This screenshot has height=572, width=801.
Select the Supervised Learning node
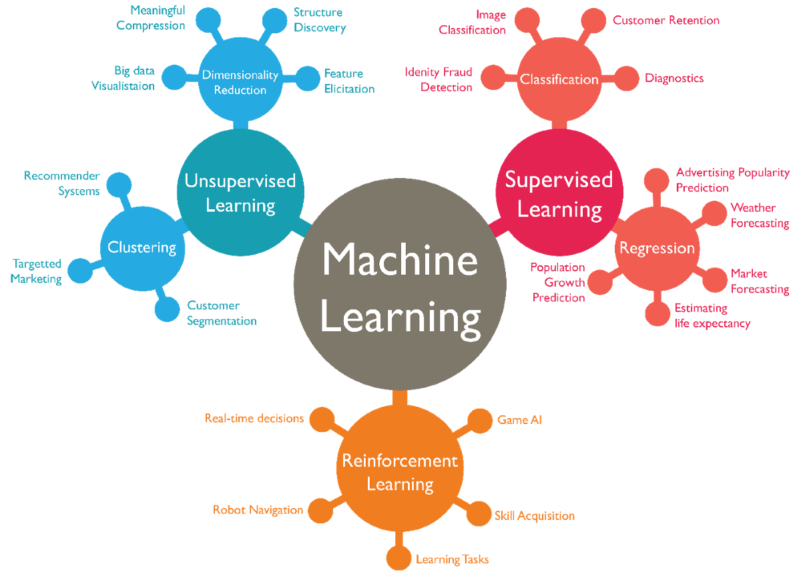[559, 193]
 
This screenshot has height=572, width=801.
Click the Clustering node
[142, 248]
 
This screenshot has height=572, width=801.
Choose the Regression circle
[657, 248]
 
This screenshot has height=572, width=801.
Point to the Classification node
[559, 79]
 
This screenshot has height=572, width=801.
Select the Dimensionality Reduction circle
[240, 82]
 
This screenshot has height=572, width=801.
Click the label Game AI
[520, 420]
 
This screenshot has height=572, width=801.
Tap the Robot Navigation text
[258, 510]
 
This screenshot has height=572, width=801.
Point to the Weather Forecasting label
[760, 215]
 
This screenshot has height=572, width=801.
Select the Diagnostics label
[674, 78]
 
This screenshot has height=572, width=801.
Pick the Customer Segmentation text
[222, 313]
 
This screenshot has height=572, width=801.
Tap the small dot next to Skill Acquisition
[479, 514]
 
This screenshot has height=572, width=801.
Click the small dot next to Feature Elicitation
[308, 78]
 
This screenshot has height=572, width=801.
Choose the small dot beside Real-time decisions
[322, 420]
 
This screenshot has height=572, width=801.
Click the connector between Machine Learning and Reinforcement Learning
[400, 398]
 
